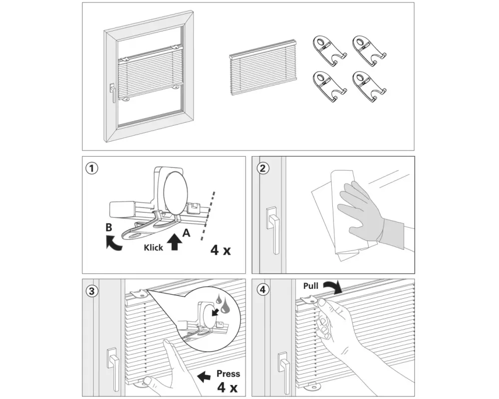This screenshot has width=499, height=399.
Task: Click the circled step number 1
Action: pyautogui.click(x=91, y=168)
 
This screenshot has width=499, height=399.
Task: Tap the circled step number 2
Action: pyautogui.click(x=262, y=168)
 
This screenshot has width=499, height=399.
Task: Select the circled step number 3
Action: pyautogui.click(x=91, y=291)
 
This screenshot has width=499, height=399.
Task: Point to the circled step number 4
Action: pyautogui.click(x=262, y=291)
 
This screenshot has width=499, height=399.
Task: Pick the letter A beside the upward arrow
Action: pyautogui.click(x=186, y=232)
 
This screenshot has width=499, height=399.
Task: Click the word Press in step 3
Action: pyautogui.click(x=228, y=374)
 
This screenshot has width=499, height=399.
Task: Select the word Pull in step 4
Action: pyautogui.click(x=310, y=286)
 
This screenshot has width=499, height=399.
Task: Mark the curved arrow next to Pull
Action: pyautogui.click(x=332, y=287)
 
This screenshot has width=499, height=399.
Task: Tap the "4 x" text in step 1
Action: pyautogui.click(x=221, y=249)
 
